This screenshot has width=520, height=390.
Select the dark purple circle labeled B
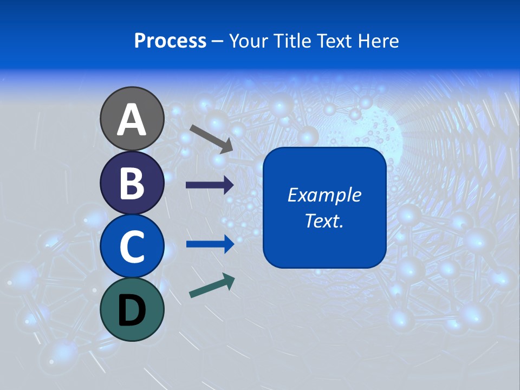[x=132, y=183]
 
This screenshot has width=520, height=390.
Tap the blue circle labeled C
[x=132, y=246]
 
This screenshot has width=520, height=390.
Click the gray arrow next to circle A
[x=211, y=138]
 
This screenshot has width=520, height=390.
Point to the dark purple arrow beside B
[x=210, y=185]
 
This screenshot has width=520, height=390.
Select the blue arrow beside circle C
[x=210, y=244]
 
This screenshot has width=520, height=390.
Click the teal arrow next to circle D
[x=212, y=286]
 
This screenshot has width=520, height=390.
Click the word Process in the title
[x=170, y=41]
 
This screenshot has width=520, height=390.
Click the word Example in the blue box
[x=324, y=195]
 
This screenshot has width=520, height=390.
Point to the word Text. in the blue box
[x=324, y=221]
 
